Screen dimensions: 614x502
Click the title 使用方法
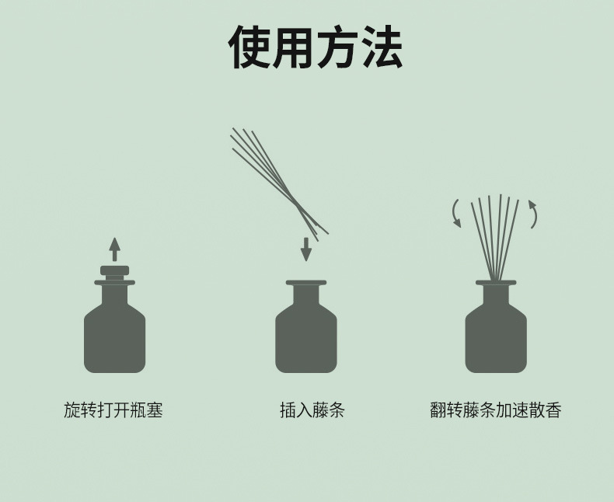[x=316, y=47]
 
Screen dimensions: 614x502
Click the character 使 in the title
[x=249, y=47]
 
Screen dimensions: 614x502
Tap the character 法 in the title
[x=382, y=47]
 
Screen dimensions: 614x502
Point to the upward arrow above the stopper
[x=114, y=249]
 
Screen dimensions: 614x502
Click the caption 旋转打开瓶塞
[x=113, y=410]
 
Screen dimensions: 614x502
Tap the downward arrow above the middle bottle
[x=305, y=249]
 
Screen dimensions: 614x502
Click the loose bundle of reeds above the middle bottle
[x=279, y=183]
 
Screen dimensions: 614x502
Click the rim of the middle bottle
[x=305, y=283]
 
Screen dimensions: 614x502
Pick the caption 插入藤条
[x=312, y=410]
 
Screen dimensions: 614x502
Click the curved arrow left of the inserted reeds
[x=455, y=214]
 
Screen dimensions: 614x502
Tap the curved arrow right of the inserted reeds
[x=534, y=214]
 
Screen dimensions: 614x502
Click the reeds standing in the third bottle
[x=495, y=237]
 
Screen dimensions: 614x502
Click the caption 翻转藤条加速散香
[x=496, y=410]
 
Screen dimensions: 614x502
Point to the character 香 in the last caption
[x=553, y=410]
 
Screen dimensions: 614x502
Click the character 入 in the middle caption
[x=304, y=410]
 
